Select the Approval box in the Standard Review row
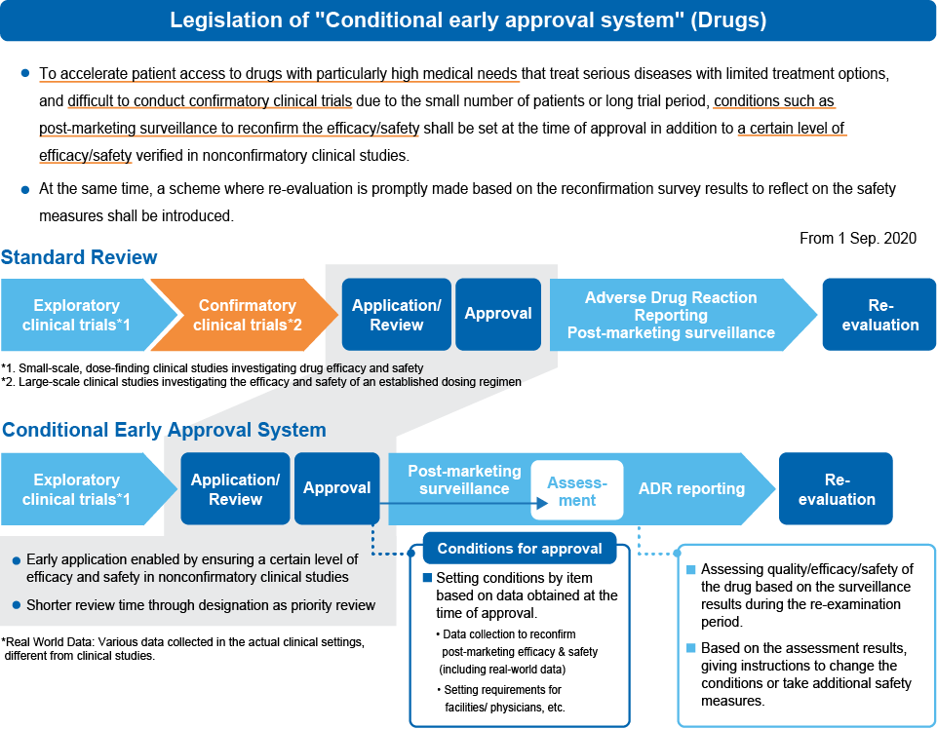[497, 314]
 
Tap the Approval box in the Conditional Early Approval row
[336, 488]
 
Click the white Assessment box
[576, 490]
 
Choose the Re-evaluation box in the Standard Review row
[879, 314]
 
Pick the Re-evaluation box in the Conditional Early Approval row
[836, 489]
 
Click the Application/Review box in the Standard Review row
[396, 314]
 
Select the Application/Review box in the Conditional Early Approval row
[235, 489]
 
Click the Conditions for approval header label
[520, 549]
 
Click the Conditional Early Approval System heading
[163, 430]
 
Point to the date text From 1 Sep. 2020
[857, 238]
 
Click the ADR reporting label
[691, 489]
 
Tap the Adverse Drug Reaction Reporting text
[671, 306]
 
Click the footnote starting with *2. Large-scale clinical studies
[261, 382]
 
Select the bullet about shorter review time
[200, 605]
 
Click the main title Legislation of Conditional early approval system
[468, 20]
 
